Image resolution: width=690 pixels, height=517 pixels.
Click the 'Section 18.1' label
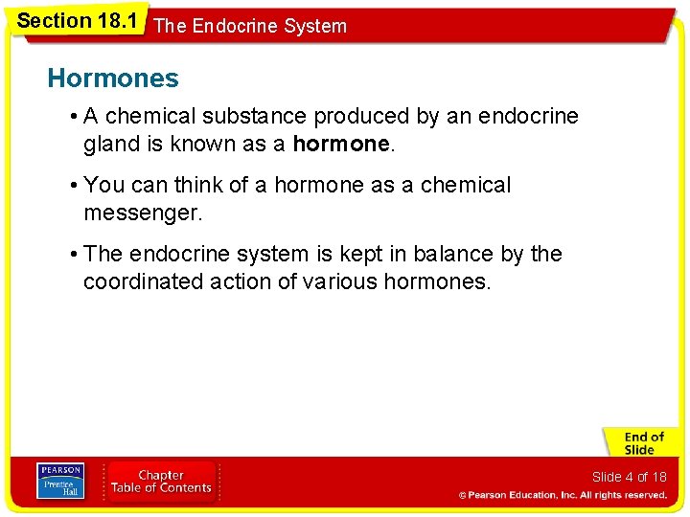point(77,20)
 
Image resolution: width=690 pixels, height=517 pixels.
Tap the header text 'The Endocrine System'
point(250,27)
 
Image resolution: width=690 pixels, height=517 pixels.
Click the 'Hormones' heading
point(113,78)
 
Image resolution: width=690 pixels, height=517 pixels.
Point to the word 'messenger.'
point(143,213)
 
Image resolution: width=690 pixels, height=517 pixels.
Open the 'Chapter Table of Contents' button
point(162,482)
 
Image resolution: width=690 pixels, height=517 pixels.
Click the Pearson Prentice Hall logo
point(59,481)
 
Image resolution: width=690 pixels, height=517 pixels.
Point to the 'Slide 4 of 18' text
point(629,477)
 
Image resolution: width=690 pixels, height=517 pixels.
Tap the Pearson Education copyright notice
point(563,495)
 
